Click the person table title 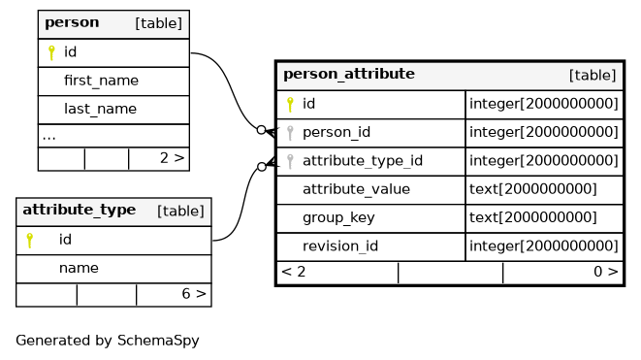pyautogui.click(x=72, y=22)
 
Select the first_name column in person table pyautogui.click(x=102, y=81)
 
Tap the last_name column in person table pyautogui.click(x=101, y=109)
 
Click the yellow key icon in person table pyautogui.click(x=51, y=52)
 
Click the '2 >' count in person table pyautogui.click(x=172, y=158)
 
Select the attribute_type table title pyautogui.click(x=80, y=210)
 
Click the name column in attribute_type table pyautogui.click(x=79, y=268)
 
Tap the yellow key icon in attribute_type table pyautogui.click(x=29, y=241)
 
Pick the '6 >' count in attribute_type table pyautogui.click(x=194, y=294)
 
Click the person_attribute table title pyautogui.click(x=349, y=74)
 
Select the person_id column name pyautogui.click(x=337, y=133)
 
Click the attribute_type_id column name pyautogui.click(x=363, y=161)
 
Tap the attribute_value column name pyautogui.click(x=357, y=189)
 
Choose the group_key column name pyautogui.click(x=338, y=218)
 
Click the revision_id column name pyautogui.click(x=340, y=246)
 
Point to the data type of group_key pyautogui.click(x=533, y=217)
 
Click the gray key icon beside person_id pyautogui.click(x=290, y=133)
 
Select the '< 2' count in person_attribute pyautogui.click(x=294, y=272)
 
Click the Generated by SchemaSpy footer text pyautogui.click(x=108, y=341)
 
